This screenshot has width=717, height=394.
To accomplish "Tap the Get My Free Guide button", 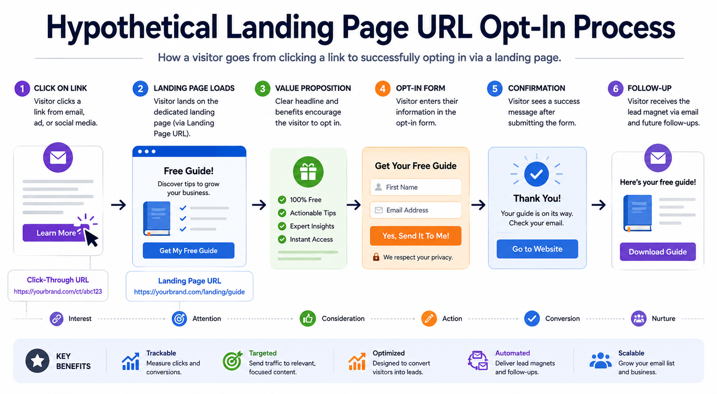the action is (x=189, y=250).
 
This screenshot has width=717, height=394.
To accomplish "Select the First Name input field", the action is (x=415, y=187).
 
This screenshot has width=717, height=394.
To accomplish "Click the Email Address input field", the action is (x=415, y=210).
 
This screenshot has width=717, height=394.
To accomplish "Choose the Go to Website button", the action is (x=537, y=249).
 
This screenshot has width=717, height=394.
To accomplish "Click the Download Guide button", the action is (x=657, y=252).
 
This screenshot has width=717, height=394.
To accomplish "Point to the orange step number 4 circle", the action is (x=383, y=88).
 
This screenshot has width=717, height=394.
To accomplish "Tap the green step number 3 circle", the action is (x=263, y=88).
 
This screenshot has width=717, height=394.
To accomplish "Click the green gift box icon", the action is (x=308, y=172).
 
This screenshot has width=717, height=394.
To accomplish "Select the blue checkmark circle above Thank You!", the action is (x=536, y=174).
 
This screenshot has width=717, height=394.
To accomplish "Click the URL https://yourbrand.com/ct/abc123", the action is (x=58, y=291).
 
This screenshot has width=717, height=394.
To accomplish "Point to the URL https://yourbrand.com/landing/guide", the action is (x=190, y=291).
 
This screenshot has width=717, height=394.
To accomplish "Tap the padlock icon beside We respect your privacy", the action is (x=376, y=257).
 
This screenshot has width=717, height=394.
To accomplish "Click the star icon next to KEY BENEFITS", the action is (x=38, y=361).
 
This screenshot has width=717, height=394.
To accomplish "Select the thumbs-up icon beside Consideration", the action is (x=307, y=318).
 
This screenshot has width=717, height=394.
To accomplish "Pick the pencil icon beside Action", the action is (x=429, y=318).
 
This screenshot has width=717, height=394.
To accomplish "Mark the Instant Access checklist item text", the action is (x=311, y=239).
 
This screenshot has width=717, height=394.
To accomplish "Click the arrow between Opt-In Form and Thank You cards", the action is (x=478, y=205).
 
